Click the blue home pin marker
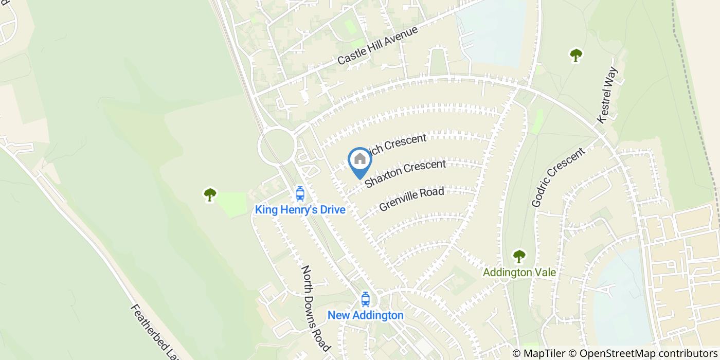point(360,160)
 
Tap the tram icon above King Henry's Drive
point(300,193)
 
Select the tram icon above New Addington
point(365,299)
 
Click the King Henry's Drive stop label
point(300,209)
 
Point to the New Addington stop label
point(365,315)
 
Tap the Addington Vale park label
point(519,272)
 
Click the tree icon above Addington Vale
point(519,256)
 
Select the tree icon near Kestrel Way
point(576,55)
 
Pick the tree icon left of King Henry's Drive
point(210,194)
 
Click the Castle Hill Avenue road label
point(378,46)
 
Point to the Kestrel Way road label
point(610,95)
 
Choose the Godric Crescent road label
point(558,177)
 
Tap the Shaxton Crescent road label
point(405,174)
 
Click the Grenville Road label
point(411,199)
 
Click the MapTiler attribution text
point(538,353)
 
